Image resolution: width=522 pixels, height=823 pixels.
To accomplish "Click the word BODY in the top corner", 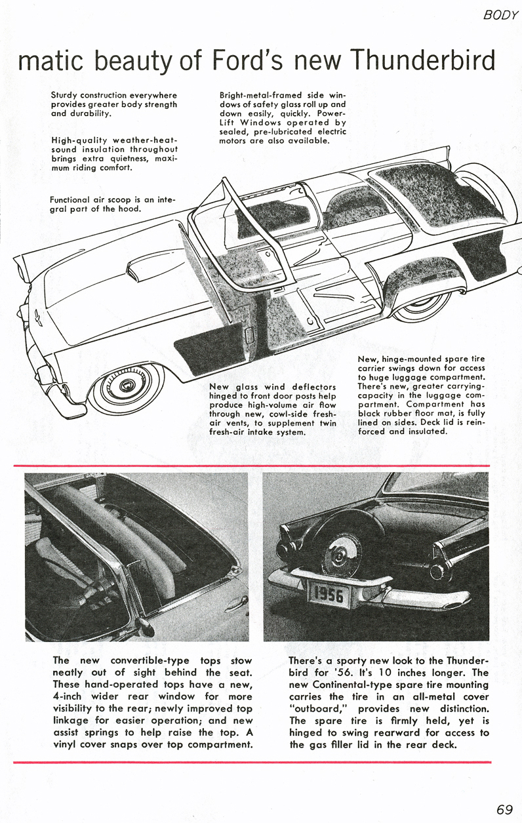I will tap(500, 14).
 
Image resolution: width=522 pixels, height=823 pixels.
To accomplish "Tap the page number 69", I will tap(504, 809).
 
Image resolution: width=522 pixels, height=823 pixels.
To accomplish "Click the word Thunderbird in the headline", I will tap(422, 60).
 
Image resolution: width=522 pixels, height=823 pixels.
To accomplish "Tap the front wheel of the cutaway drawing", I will tap(128, 387).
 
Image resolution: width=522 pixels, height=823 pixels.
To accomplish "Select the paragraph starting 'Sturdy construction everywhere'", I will tap(113, 104).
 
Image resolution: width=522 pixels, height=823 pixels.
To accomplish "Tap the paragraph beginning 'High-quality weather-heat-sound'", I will tap(113, 153).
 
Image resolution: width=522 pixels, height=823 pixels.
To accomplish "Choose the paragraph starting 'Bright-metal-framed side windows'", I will tap(283, 118).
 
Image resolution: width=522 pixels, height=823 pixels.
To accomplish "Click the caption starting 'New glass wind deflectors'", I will tap(272, 409).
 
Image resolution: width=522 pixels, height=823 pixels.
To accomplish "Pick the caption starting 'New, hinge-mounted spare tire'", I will tap(421, 395).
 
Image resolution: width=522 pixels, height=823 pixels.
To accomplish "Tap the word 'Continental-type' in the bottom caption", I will tap(355, 685).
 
